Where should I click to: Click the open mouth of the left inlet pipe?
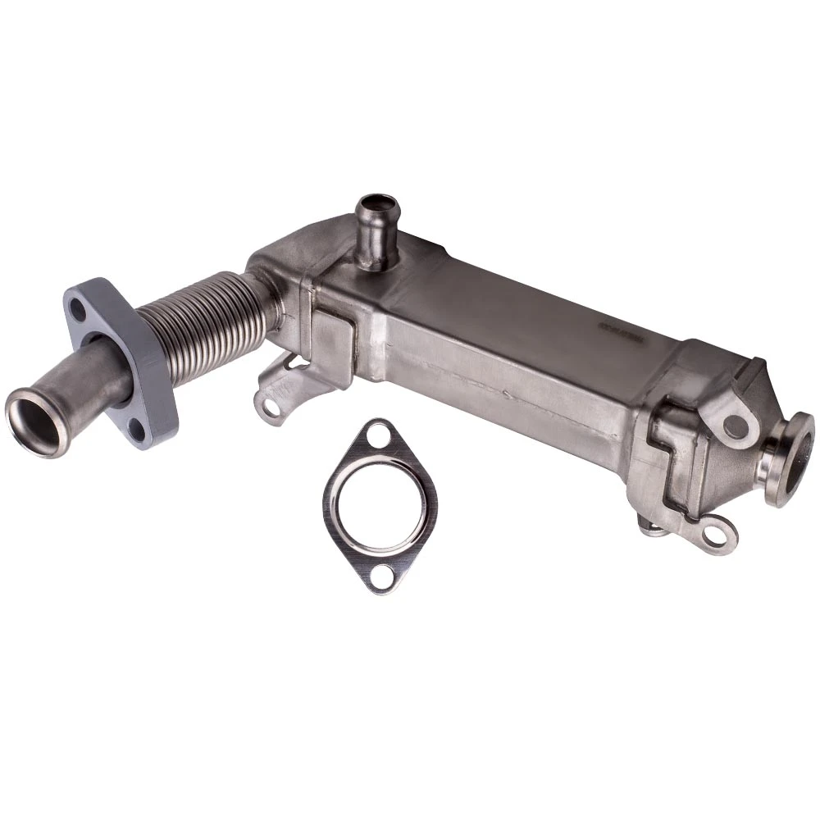click(34, 422)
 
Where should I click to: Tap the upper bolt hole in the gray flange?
click(77, 309)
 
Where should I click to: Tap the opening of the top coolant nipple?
click(377, 203)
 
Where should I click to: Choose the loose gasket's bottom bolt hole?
click(380, 578)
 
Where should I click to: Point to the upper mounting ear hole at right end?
click(736, 426)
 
